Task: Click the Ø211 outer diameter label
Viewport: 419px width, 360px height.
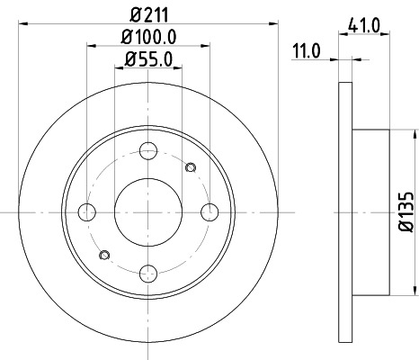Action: tap(148, 14)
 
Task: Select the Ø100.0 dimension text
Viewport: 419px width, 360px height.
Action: tap(148, 37)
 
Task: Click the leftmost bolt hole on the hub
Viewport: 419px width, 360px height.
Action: tap(87, 211)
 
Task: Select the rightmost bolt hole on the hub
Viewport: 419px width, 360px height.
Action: tap(209, 211)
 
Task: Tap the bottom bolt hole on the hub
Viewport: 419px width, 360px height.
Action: tap(148, 272)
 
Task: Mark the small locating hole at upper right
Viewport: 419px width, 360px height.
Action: tap(189, 166)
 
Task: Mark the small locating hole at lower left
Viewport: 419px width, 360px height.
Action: tap(107, 256)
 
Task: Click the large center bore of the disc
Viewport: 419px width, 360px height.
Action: tap(148, 211)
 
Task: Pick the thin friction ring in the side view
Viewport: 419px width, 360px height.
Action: tap(344, 211)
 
